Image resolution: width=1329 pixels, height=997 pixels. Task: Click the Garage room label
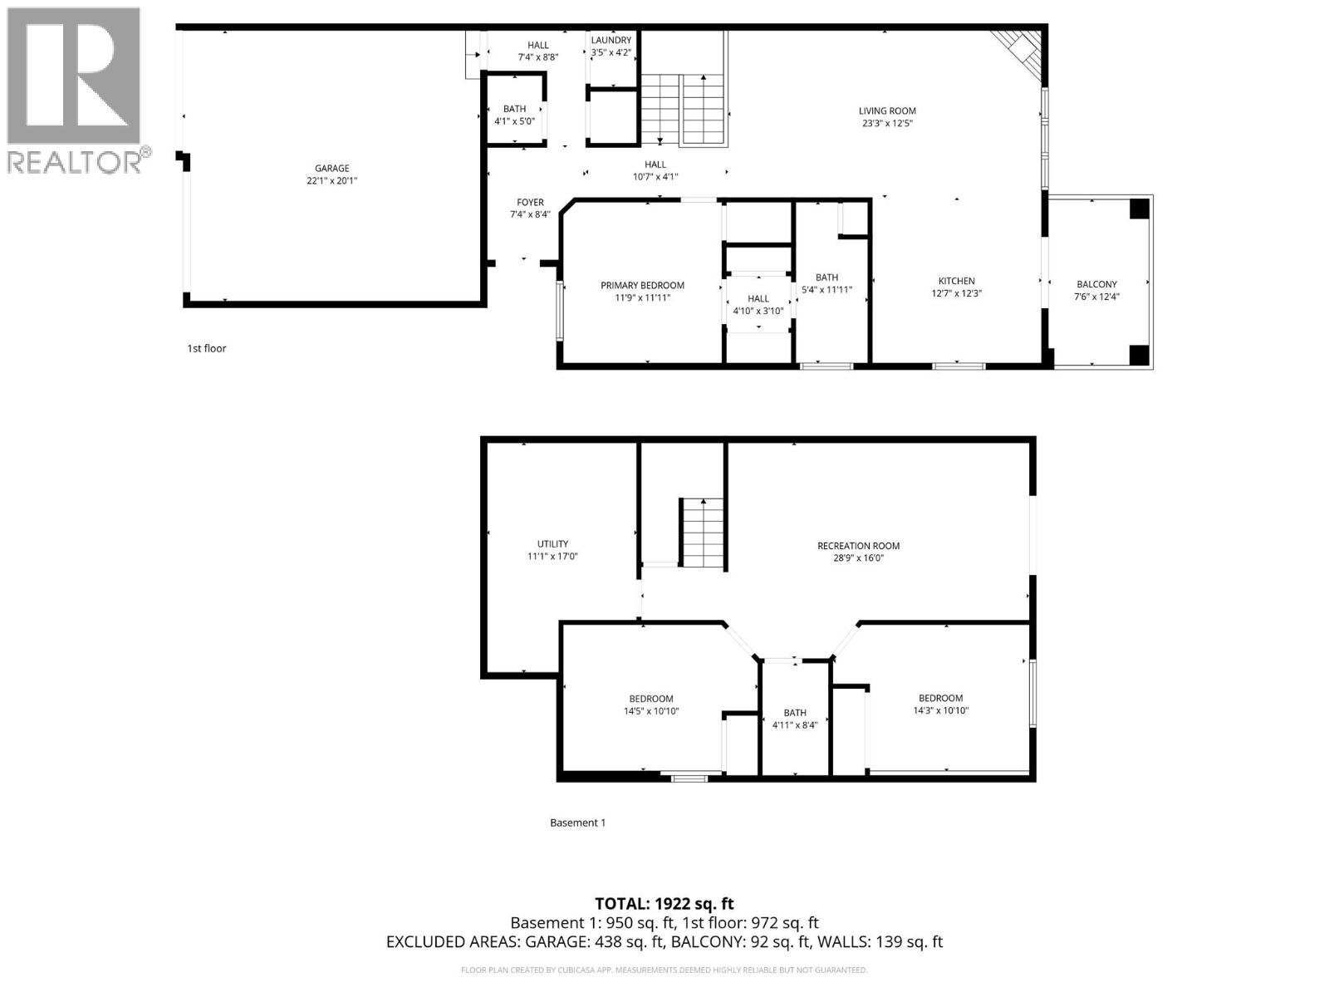pos(331,169)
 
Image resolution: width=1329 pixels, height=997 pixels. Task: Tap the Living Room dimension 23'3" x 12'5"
pos(887,124)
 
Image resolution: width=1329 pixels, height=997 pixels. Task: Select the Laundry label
pos(611,40)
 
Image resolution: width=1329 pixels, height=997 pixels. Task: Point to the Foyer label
pos(530,203)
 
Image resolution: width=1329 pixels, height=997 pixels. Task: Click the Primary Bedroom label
pos(642,286)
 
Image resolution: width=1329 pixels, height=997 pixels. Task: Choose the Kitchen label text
pos(956,281)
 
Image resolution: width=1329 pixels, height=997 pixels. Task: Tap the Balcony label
pos(1096,284)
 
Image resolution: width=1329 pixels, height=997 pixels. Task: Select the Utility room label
pos(552,544)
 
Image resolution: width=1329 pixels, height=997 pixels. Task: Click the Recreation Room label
pos(858,546)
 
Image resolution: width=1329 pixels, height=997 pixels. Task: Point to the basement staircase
pos(703,533)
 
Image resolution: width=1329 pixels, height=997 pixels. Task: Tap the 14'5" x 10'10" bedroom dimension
pos(651,711)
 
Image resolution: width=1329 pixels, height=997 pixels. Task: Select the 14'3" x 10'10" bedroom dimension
pos(940,710)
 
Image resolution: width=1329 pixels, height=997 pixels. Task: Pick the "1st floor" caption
pos(206,348)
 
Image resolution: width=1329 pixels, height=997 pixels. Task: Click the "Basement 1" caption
pos(577,823)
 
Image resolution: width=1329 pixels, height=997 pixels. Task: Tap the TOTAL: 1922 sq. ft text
pos(664,903)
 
